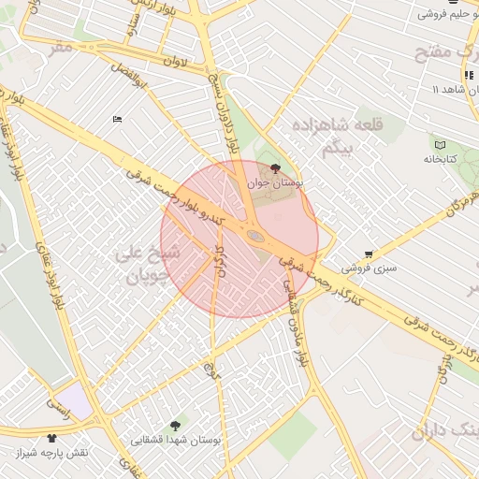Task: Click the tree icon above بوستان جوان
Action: click(x=274, y=168)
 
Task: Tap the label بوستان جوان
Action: click(x=271, y=183)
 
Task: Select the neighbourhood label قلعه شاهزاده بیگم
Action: click(x=327, y=136)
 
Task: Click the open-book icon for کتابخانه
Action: click(x=440, y=143)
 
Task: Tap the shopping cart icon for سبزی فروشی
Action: click(x=369, y=254)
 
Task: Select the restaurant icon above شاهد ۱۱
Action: click(x=466, y=75)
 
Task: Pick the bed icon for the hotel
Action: click(x=117, y=119)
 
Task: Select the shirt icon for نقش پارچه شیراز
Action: click(x=51, y=437)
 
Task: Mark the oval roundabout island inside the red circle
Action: click(x=254, y=235)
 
